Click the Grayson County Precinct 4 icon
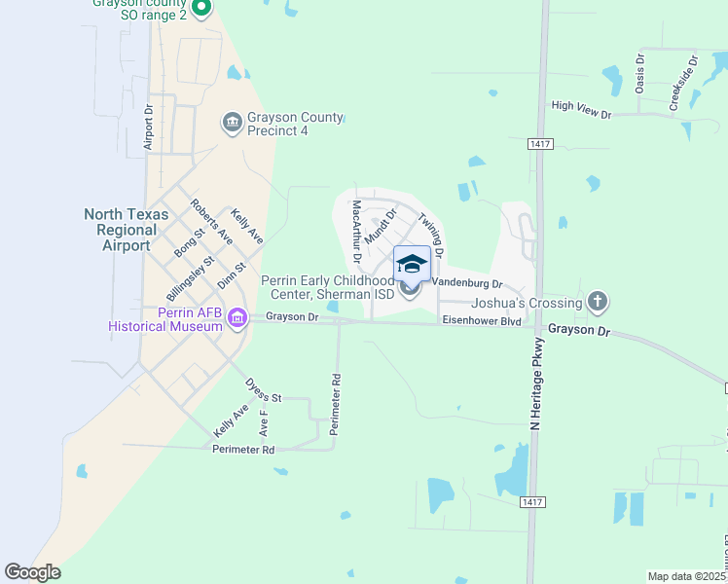pyautogui.click(x=232, y=122)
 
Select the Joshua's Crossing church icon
pyautogui.click(x=598, y=303)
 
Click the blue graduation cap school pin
pyautogui.click(x=412, y=264)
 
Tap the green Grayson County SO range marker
pyautogui.click(x=201, y=10)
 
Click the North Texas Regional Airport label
pyautogui.click(x=126, y=230)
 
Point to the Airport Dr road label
pyautogui.click(x=149, y=125)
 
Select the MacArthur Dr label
pyautogui.click(x=357, y=232)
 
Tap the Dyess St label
pyautogui.click(x=263, y=391)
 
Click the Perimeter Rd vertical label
pyautogui.click(x=336, y=404)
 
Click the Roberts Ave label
pyautogui.click(x=211, y=222)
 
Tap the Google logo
pyautogui.click(x=32, y=572)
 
